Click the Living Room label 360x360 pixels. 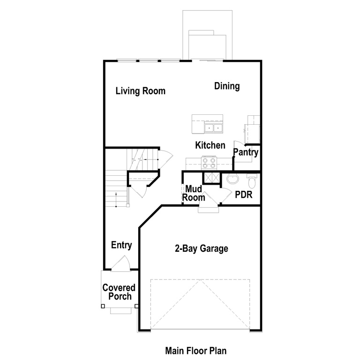[x=140, y=91]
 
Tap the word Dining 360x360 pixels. [x=227, y=86]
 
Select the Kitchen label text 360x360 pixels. [x=210, y=145]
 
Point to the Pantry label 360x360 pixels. [x=246, y=152]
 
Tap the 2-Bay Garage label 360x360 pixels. [x=202, y=248]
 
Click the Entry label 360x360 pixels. [x=121, y=245]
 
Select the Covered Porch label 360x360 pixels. [x=119, y=292]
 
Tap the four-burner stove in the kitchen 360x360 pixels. [x=209, y=163]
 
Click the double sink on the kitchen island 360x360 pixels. [x=213, y=127]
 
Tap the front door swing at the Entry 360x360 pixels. [x=120, y=264]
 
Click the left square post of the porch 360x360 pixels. [x=103, y=307]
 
